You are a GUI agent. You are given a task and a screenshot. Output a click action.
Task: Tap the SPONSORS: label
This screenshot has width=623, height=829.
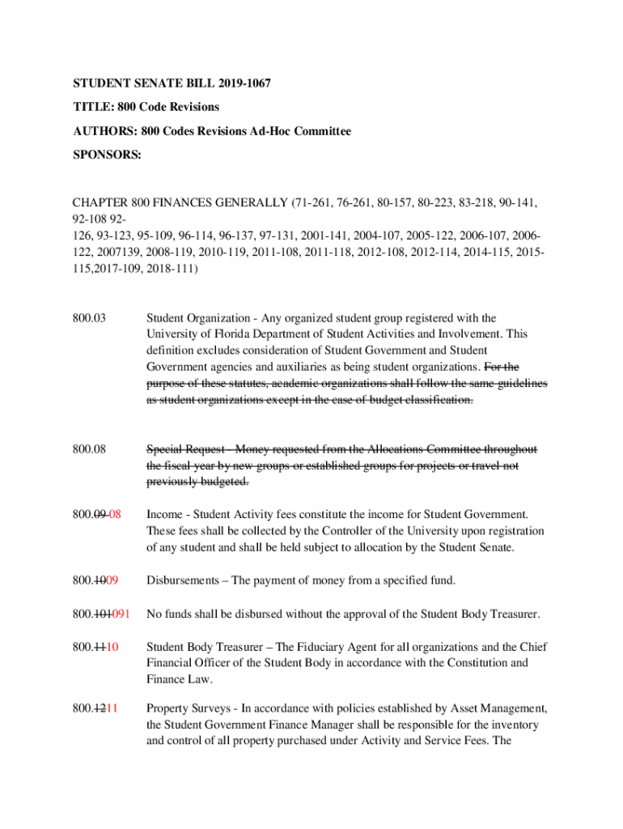107,155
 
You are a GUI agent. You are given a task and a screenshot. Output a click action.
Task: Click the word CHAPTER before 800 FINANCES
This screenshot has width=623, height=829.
101,201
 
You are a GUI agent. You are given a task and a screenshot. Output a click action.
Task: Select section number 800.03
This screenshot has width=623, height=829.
89,318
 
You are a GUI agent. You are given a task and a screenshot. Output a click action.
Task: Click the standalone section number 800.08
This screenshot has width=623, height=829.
89,449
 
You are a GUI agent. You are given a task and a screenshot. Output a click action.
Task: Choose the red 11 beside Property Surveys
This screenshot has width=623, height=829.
114,710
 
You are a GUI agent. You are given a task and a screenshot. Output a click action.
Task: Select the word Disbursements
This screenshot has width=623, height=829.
184,580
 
